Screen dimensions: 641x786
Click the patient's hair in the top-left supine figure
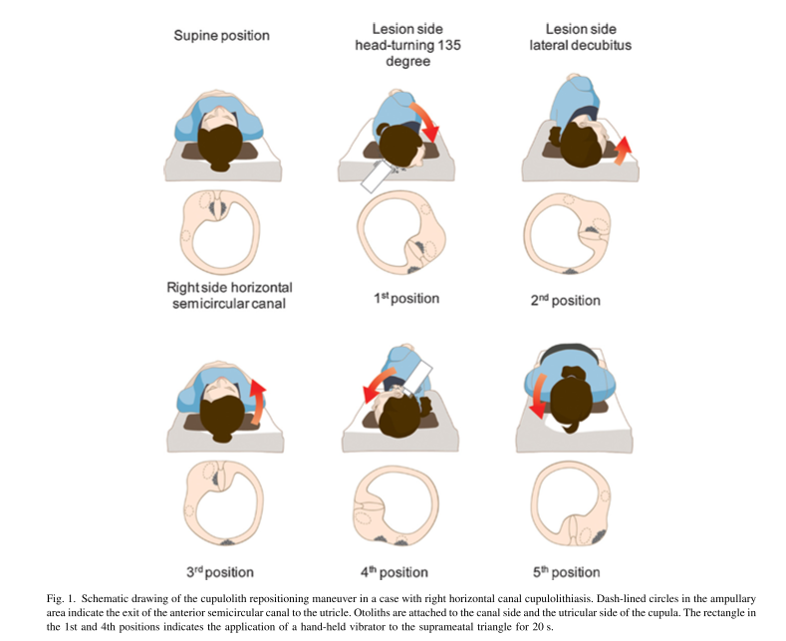click(222, 141)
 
